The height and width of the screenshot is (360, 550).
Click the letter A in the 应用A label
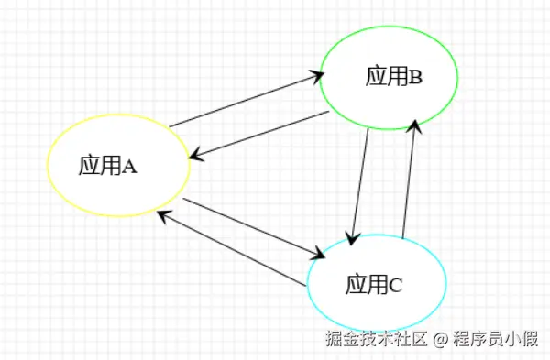click(x=129, y=166)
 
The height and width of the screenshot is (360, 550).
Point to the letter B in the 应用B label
click(x=415, y=77)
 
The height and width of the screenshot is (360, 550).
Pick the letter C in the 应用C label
click(x=396, y=286)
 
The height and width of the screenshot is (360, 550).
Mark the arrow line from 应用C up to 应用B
click(x=410, y=180)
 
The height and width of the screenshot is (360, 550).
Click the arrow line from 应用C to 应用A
click(x=231, y=250)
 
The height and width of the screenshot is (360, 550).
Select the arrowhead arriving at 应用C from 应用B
click(x=350, y=236)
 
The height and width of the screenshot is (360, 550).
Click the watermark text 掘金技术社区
click(x=376, y=340)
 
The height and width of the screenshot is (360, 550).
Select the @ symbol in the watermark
click(x=441, y=340)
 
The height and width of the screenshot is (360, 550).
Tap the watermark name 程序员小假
click(x=496, y=340)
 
